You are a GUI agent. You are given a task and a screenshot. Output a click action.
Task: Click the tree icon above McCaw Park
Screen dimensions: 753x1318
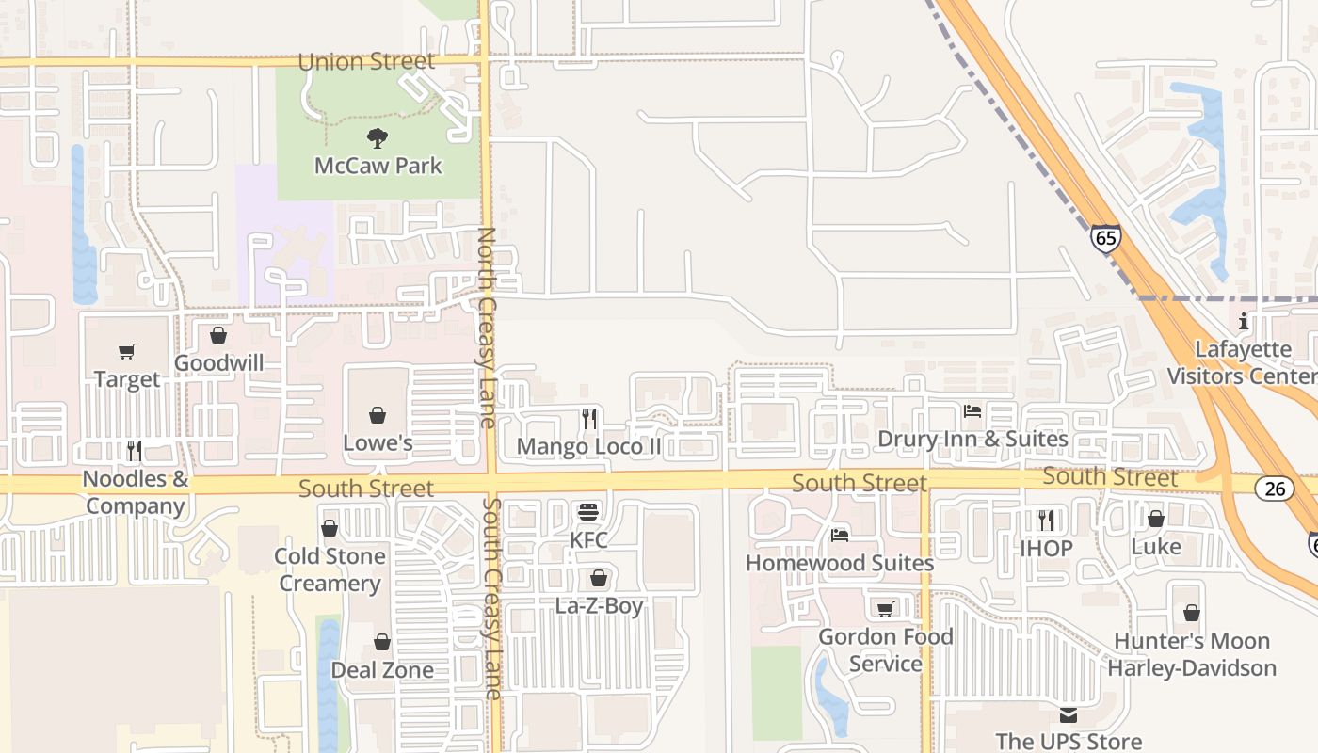378,138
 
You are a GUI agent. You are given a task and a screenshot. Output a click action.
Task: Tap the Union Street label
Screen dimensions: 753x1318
366,62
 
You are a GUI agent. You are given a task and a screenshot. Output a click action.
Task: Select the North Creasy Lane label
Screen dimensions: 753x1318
487,328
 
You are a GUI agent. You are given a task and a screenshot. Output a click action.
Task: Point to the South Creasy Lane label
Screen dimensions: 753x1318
492,599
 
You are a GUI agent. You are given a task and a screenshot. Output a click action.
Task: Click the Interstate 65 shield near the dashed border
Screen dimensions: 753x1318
1106,238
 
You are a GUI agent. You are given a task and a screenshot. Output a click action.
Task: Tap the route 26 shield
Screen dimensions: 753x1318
1274,488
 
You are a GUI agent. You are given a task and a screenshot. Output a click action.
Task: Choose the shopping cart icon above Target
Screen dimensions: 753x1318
127,352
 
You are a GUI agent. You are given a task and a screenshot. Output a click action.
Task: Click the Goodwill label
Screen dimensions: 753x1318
219,363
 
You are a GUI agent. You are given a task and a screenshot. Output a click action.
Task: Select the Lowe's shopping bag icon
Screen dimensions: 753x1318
378,415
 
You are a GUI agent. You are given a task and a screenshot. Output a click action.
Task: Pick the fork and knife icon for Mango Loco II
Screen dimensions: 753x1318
589,419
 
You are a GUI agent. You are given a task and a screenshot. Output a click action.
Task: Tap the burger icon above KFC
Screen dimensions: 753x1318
589,513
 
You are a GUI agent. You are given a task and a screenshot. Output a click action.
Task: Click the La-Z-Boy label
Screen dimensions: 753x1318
599,605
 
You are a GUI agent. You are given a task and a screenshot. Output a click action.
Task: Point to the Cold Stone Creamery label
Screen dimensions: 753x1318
329,569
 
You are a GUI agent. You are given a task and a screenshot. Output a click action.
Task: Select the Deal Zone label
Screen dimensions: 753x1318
382,670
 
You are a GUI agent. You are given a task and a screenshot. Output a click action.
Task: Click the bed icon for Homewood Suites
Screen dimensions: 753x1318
840,536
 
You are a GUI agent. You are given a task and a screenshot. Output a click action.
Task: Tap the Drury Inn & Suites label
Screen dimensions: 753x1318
972,439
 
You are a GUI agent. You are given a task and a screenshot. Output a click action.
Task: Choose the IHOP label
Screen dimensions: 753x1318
1046,548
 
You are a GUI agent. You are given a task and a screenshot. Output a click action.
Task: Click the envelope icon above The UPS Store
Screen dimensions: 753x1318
1069,715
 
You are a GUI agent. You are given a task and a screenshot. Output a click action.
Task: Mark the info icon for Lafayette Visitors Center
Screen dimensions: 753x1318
1244,322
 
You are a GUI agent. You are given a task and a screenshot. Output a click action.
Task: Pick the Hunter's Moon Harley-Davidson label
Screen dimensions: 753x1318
1192,654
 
